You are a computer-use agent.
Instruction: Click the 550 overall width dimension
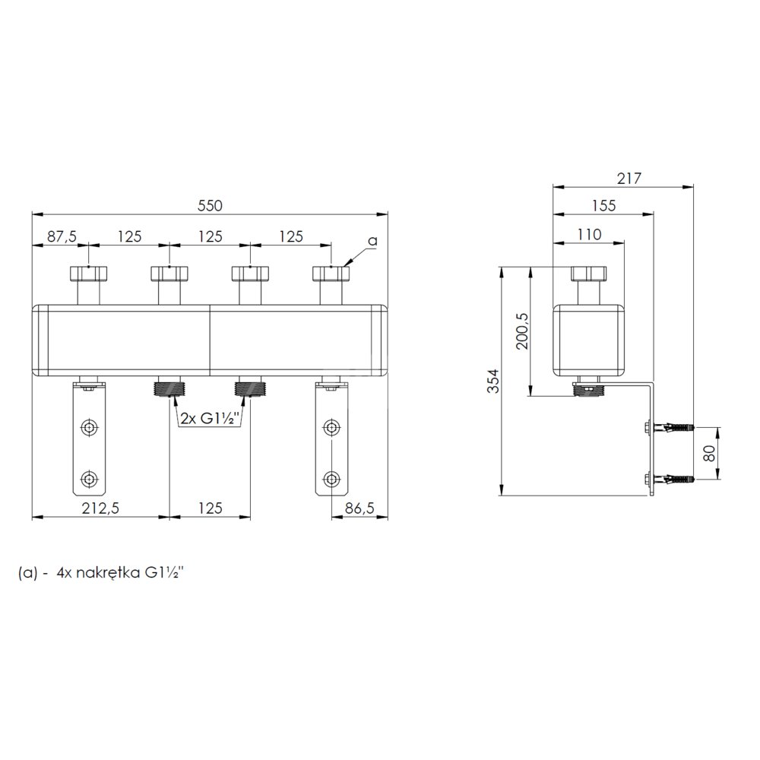click(210, 205)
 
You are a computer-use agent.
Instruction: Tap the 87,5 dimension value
click(62, 236)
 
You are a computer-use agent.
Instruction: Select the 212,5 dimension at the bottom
click(100, 508)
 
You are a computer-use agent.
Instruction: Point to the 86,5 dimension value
click(359, 508)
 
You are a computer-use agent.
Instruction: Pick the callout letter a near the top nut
click(372, 241)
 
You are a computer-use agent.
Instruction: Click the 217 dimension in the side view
click(629, 179)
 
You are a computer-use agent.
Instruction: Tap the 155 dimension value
click(603, 205)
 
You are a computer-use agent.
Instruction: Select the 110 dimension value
click(589, 235)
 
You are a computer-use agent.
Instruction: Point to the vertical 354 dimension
click(493, 381)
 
